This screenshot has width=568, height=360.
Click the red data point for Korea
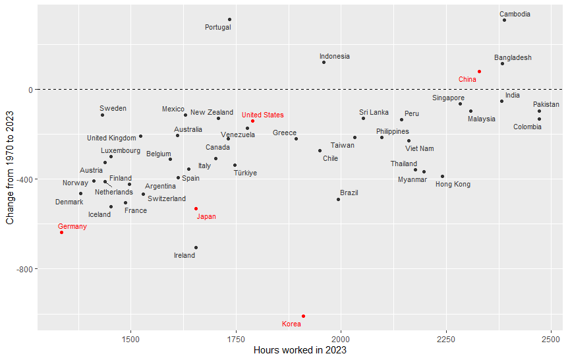[x=303, y=316]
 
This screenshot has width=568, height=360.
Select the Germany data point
[x=61, y=232]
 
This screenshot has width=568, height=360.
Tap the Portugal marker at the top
[x=229, y=20]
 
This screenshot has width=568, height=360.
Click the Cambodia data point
[x=504, y=20]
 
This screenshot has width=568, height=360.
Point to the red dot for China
[x=479, y=71]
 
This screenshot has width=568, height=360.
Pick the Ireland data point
[x=196, y=247]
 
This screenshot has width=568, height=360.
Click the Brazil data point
[x=338, y=199]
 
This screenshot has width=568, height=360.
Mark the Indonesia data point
[x=324, y=62]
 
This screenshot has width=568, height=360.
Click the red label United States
[x=262, y=115]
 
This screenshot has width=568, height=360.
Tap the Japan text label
[x=206, y=216]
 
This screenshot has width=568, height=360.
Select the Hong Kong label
[x=453, y=185]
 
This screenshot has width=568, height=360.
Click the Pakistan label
[x=546, y=104]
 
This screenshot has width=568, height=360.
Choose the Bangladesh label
[x=513, y=58]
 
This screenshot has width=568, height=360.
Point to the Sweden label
[x=113, y=108]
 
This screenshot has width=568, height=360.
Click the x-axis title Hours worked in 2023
[x=300, y=350]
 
